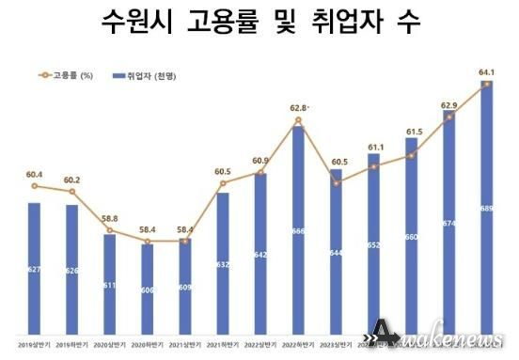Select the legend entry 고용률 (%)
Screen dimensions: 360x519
click(x=71, y=75)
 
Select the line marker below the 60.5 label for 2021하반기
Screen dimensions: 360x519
click(x=223, y=183)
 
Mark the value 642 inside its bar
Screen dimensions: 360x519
click(x=260, y=255)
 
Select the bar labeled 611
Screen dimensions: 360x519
click(x=109, y=283)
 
